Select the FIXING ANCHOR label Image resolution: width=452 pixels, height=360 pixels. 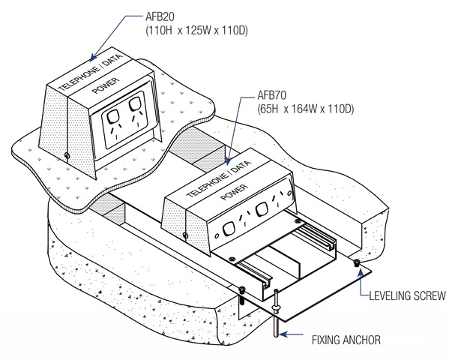(x=346, y=340)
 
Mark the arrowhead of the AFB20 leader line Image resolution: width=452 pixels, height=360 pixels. (x=90, y=58)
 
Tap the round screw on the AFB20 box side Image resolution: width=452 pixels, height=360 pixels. (x=67, y=155)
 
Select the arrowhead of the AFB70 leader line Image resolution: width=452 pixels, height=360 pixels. (x=226, y=163)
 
